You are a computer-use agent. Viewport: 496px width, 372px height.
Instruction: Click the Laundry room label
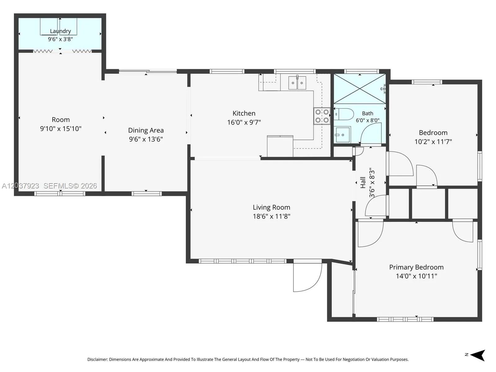[60, 31]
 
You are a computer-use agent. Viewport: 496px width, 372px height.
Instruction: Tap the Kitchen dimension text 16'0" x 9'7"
[244, 122]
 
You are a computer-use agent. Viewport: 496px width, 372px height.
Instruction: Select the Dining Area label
[146, 130]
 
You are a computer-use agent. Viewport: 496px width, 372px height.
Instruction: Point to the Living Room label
[271, 207]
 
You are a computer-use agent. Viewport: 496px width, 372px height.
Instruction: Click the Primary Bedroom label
[416, 267]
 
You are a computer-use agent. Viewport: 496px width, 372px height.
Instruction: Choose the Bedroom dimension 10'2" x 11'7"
[433, 142]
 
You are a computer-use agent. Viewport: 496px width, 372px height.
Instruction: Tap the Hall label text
[363, 183]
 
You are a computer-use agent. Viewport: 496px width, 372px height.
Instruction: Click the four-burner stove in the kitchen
[322, 116]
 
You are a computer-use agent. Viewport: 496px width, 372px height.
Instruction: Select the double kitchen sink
[297, 83]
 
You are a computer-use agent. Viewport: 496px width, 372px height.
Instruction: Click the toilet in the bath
[343, 114]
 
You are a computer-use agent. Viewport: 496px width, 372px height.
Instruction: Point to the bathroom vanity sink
[342, 135]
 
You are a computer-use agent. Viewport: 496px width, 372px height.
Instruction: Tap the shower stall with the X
[360, 89]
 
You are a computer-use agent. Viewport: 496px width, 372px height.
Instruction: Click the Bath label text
[368, 113]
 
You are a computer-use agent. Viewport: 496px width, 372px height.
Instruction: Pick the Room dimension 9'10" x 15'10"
[60, 129]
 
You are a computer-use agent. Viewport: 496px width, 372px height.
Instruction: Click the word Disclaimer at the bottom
[98, 359]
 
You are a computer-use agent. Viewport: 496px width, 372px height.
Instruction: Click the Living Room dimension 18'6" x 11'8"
[271, 216]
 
